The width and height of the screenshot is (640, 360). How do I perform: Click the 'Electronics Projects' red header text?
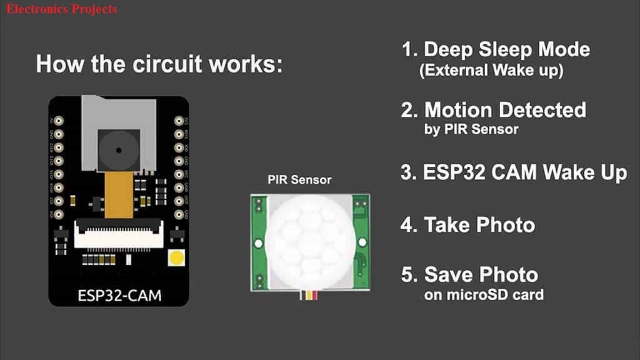(x=61, y=9)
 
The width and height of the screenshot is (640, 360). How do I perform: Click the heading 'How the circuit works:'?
(x=159, y=64)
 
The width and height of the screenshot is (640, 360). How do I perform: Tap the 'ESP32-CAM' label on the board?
(x=119, y=294)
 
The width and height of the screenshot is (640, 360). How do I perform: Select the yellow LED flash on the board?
(x=177, y=257)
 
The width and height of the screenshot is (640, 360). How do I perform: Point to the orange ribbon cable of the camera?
(x=118, y=195)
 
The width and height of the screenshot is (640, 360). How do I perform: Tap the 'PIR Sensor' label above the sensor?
(x=299, y=180)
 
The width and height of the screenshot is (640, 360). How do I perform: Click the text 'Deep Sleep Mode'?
(x=507, y=50)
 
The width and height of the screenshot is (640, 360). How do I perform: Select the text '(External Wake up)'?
(x=491, y=71)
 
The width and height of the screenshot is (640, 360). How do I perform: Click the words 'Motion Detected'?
(x=505, y=111)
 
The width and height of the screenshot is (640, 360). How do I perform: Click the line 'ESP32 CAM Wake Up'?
(x=525, y=172)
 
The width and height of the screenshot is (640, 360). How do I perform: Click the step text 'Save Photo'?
(x=481, y=274)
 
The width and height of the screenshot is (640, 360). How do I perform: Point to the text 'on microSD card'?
(x=483, y=294)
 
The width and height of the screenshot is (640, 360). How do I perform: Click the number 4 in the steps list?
(x=408, y=224)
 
